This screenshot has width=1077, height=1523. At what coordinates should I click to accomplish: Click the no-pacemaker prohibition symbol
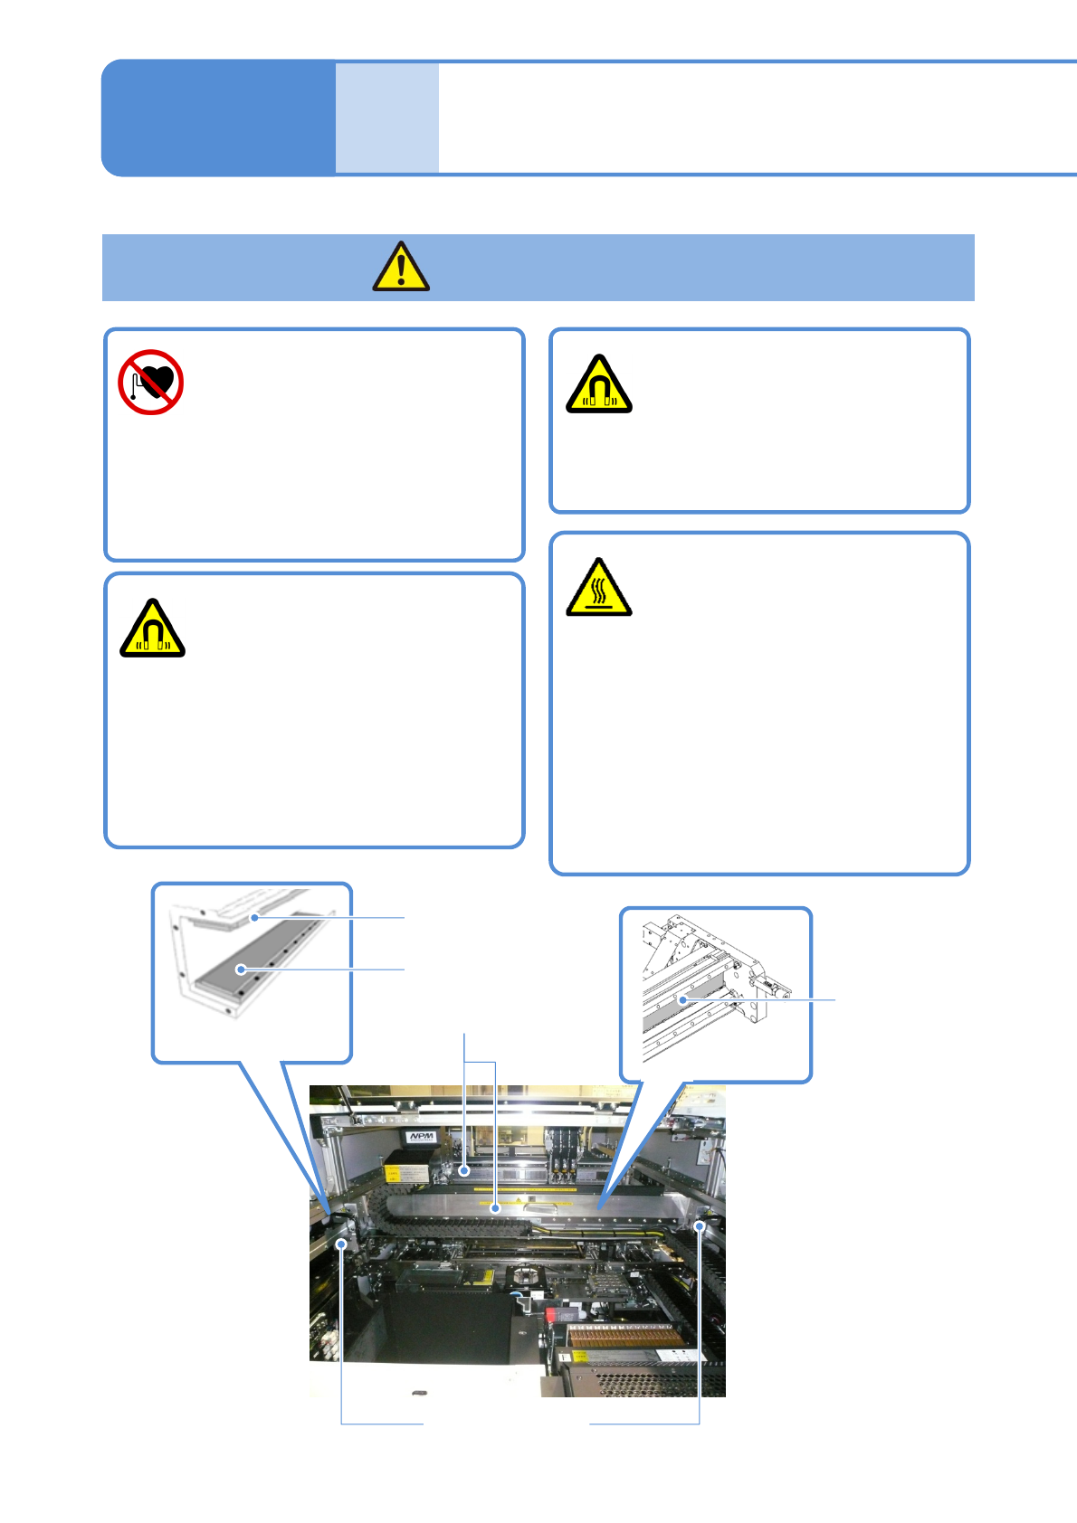point(151,383)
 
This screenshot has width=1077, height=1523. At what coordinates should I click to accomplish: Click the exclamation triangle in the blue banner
point(401,268)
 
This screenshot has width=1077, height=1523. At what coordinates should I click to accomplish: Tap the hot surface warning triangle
point(598,589)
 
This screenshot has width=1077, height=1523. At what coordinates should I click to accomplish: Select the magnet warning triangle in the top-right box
point(598,385)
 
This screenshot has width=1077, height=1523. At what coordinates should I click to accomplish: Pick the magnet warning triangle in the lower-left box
point(152,629)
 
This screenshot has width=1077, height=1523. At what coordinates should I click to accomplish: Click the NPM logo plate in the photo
point(421,1137)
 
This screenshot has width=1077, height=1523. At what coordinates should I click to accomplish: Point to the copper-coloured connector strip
point(624,1335)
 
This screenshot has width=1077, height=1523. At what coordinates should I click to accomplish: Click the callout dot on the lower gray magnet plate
point(241,970)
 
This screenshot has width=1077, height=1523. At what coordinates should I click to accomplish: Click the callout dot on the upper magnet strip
point(255,917)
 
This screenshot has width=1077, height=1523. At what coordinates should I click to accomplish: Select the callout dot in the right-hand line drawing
point(683,1000)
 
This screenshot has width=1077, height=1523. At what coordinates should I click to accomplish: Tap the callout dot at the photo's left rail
point(341,1244)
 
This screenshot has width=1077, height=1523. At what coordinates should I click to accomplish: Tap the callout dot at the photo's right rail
point(700,1226)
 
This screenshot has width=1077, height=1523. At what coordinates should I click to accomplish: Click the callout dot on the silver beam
point(496,1207)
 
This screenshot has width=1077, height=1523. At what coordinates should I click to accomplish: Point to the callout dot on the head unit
point(464,1170)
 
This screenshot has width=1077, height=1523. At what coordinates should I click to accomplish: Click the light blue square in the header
point(387,118)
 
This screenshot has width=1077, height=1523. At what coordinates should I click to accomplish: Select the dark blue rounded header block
point(218,118)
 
